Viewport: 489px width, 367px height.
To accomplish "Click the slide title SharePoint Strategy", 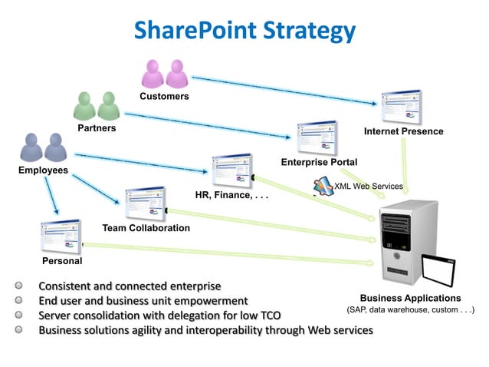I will coord(244,30).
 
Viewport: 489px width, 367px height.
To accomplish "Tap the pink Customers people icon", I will coord(165,73).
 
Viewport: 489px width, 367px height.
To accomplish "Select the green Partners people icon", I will coord(97,106).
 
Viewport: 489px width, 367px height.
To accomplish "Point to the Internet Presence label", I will coord(403,131).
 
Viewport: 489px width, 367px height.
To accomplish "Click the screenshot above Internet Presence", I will coord(402,107).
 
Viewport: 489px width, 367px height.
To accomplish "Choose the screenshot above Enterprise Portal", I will coord(316,138).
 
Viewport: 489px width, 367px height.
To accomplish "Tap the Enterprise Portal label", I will coord(319,162).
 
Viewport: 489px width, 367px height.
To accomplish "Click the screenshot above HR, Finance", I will coord(232,170).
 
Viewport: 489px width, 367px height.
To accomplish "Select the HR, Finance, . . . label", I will coord(231,195).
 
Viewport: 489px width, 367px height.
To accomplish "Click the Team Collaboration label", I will coord(146,228).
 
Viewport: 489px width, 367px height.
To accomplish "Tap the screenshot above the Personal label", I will coord(61,236).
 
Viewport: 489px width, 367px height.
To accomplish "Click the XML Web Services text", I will coord(369,187).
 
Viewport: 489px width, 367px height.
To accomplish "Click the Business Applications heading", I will coord(410,298).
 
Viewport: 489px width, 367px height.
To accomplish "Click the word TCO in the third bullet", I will coord(270,316).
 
